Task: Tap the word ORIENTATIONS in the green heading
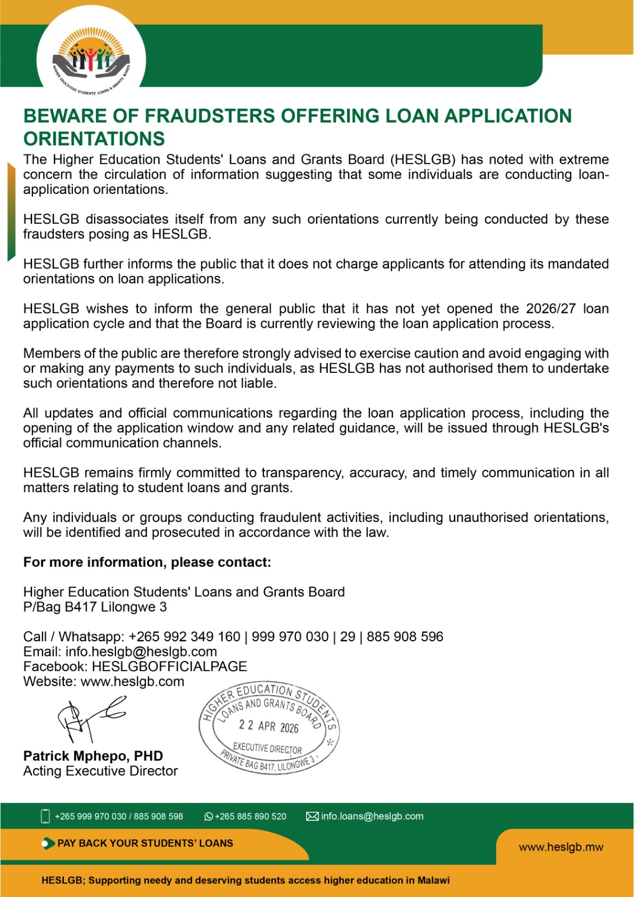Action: [x=94, y=138]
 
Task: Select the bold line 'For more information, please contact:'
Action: [x=147, y=562]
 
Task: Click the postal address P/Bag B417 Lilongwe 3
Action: [x=95, y=607]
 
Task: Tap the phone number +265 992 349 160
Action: [x=184, y=637]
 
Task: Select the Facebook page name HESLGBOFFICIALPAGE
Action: [x=169, y=667]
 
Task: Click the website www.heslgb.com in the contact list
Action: [x=132, y=682]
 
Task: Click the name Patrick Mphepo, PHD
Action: [x=93, y=756]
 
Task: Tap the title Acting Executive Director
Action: [x=100, y=771]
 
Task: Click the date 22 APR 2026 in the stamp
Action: [x=269, y=727]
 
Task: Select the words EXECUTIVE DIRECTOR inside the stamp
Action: [x=267, y=748]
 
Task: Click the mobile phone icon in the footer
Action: [x=45, y=816]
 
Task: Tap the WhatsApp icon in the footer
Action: [x=209, y=817]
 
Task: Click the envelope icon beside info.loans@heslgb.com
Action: [x=312, y=816]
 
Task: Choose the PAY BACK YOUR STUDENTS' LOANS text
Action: [x=145, y=843]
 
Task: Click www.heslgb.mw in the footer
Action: [x=561, y=847]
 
